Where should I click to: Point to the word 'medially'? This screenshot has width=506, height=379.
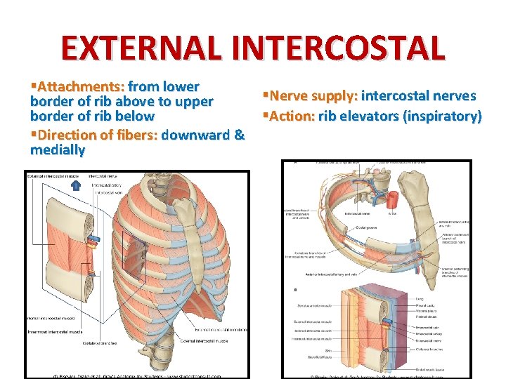tap(58, 150)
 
